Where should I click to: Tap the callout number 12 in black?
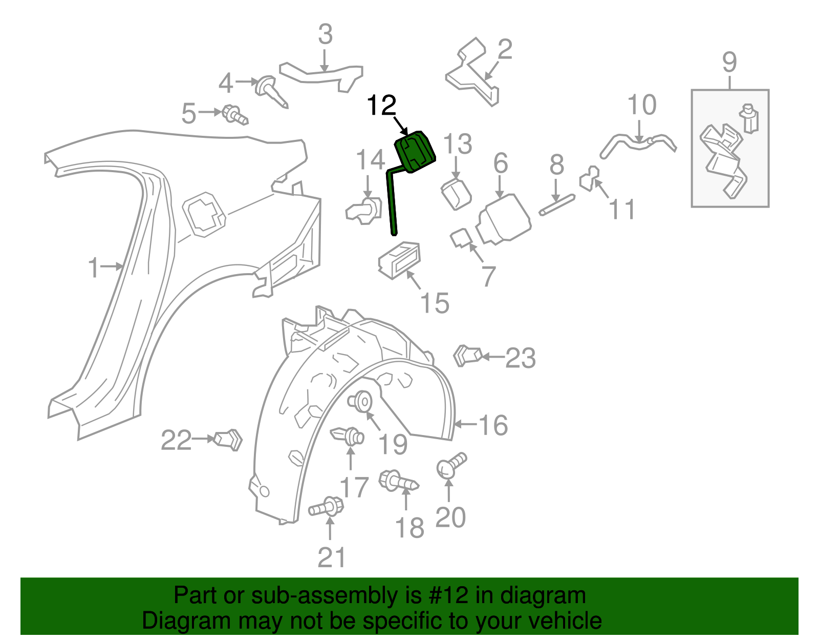coord(381,106)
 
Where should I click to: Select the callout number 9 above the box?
coord(729,63)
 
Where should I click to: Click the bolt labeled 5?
coord(234,115)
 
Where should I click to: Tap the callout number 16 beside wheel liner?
coord(493,425)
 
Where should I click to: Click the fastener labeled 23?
coord(467,355)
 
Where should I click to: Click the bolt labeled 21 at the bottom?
coord(327,508)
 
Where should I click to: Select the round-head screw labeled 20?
coord(450,465)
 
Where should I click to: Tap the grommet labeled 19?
coord(361,401)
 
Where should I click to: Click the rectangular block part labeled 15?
coord(399,260)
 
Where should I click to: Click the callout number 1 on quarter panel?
coord(93,268)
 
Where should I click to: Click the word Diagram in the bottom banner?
coord(174,621)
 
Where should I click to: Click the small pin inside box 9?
coord(750,118)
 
